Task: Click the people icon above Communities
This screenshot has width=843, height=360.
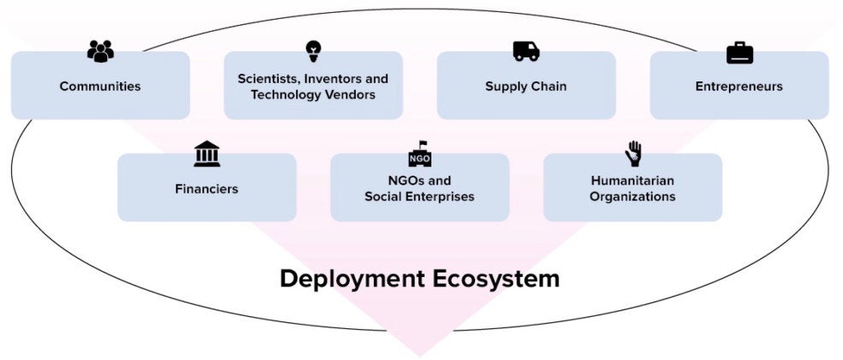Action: (x=100, y=51)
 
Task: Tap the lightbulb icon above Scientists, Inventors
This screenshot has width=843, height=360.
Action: (x=313, y=51)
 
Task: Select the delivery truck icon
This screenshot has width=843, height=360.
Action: (x=527, y=51)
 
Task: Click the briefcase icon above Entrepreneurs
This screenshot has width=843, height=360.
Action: (x=739, y=52)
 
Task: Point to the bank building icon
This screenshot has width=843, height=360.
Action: (x=207, y=155)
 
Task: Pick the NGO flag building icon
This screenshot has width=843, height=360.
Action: (x=419, y=155)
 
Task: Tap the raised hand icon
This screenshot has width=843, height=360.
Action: (x=633, y=153)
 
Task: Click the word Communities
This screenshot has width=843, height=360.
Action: (x=100, y=87)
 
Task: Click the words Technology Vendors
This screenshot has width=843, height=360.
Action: (x=313, y=95)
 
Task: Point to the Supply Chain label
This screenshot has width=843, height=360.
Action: (x=526, y=87)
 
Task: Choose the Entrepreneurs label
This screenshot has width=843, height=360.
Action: (x=739, y=87)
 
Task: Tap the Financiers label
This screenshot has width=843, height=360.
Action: (x=207, y=189)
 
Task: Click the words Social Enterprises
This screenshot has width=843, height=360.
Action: (x=419, y=197)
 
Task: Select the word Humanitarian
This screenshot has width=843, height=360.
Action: (x=633, y=181)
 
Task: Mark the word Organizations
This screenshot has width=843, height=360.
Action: (x=633, y=197)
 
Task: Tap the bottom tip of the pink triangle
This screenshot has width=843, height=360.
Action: (x=420, y=353)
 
